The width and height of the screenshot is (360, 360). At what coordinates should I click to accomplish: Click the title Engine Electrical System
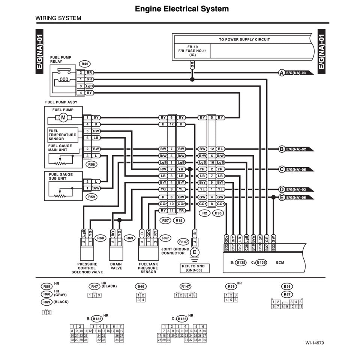point(182,9)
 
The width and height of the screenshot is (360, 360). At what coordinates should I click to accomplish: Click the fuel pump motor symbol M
point(63,118)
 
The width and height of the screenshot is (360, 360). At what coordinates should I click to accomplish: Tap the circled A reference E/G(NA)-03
point(282,72)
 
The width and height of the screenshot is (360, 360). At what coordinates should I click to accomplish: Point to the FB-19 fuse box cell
point(192,51)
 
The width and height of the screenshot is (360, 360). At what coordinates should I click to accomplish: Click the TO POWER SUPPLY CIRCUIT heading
point(244,39)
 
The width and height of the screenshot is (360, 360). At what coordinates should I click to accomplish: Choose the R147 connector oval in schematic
point(184,242)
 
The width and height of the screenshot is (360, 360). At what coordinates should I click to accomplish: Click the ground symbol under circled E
point(194,258)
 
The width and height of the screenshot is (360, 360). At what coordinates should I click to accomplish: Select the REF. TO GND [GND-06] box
point(194,268)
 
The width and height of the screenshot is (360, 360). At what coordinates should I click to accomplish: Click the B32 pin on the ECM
point(226,247)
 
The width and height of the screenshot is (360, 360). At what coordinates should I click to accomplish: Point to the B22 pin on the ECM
point(273,247)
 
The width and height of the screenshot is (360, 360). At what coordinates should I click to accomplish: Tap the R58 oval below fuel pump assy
point(91,164)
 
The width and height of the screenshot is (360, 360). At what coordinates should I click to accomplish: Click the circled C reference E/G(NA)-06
point(282,169)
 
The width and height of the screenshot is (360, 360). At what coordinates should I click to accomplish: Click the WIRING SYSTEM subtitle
point(58,18)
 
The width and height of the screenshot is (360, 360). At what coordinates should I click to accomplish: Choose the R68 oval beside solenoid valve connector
point(100,238)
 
